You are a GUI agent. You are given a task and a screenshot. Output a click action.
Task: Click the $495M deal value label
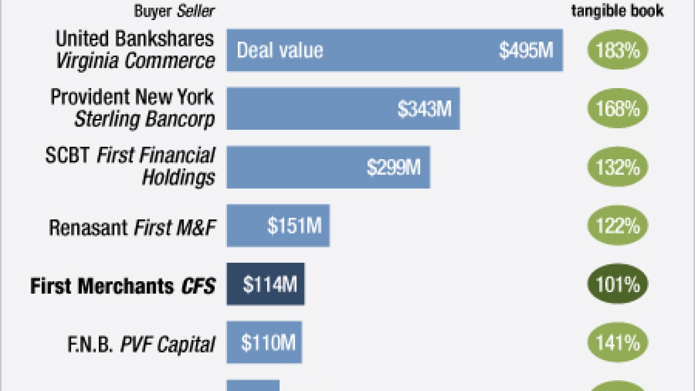pyautogui.click(x=526, y=51)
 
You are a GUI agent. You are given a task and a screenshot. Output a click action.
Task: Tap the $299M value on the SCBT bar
pyautogui.click(x=393, y=167)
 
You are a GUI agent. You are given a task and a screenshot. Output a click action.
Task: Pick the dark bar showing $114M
pyautogui.click(x=266, y=284)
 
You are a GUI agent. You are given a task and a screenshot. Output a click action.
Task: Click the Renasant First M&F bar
pyautogui.click(x=277, y=225)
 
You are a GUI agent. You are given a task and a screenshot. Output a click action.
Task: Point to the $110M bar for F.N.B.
pyautogui.click(x=264, y=343)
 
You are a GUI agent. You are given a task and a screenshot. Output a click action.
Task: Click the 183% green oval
pyautogui.click(x=617, y=51)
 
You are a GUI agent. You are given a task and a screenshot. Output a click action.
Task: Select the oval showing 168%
pyautogui.click(x=617, y=109)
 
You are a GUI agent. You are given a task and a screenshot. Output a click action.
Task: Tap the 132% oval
pyautogui.click(x=617, y=167)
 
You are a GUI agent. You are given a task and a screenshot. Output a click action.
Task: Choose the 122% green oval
pyautogui.click(x=617, y=225)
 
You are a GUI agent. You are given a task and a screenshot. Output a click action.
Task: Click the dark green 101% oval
pyautogui.click(x=617, y=284)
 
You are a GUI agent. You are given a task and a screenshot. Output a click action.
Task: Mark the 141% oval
pyautogui.click(x=617, y=343)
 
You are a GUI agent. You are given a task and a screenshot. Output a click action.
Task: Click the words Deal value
pyautogui.click(x=280, y=51)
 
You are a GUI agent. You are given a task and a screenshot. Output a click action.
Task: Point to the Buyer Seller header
pyautogui.click(x=174, y=11)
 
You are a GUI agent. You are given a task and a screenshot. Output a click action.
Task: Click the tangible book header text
pyautogui.click(x=617, y=11)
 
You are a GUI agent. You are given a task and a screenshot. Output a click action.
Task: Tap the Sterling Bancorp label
pyautogui.click(x=144, y=119)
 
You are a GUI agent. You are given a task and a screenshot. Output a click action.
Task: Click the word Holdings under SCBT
pyautogui.click(x=178, y=178)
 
